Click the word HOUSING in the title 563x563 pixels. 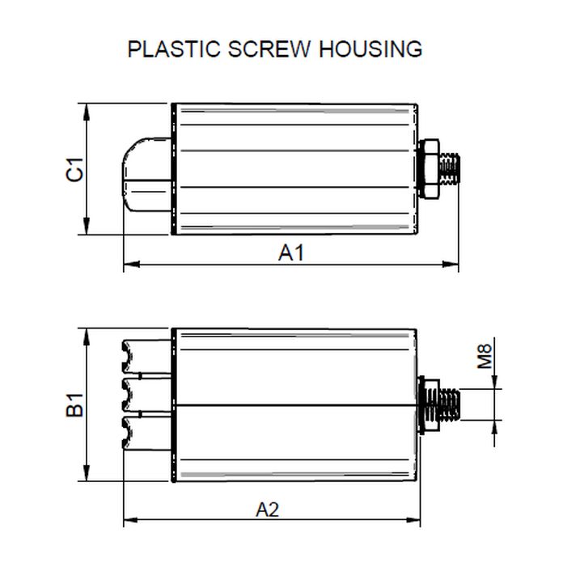pos(370,49)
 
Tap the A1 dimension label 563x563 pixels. pos(290,252)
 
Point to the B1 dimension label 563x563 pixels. pos(75,405)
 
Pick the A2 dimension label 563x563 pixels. pos(268,510)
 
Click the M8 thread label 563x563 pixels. pos(485,357)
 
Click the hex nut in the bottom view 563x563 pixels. pos(429,404)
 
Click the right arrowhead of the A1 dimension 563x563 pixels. pos(452,264)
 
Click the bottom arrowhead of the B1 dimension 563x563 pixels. pos(86,478)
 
